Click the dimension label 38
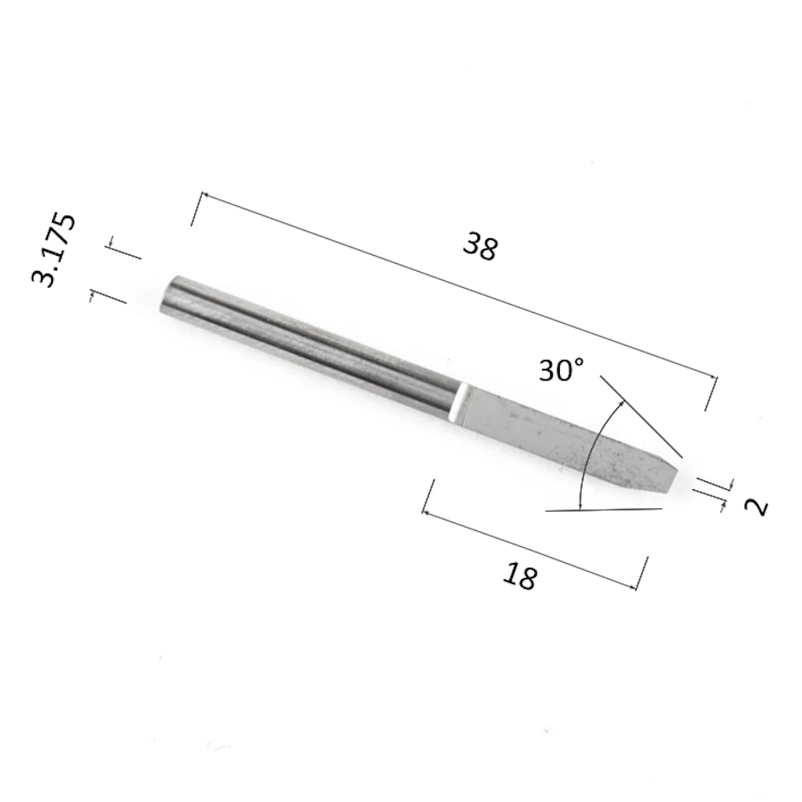480,246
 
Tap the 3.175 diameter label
54,249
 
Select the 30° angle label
561,369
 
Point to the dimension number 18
520,576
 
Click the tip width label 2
757,508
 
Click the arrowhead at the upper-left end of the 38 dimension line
204,195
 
